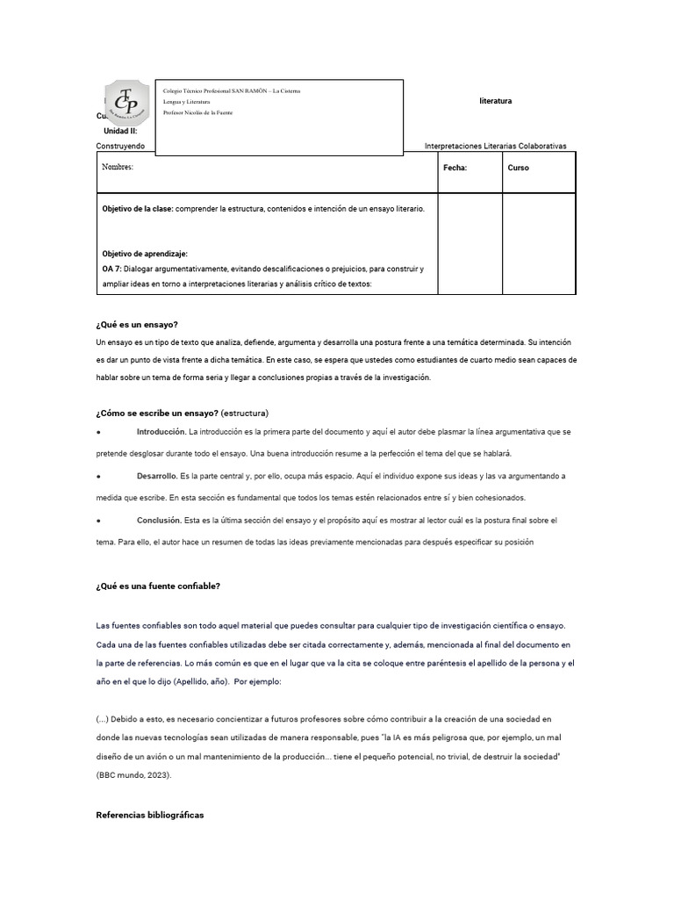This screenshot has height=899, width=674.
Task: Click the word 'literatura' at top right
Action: point(496,101)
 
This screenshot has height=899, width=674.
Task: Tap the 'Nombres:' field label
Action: point(118,167)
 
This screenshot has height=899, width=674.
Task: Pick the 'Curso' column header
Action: point(518,168)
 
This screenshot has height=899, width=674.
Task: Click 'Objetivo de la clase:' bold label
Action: point(138,209)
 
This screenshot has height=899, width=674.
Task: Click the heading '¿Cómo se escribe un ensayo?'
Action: point(157,413)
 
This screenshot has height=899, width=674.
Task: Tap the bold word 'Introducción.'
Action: point(161,432)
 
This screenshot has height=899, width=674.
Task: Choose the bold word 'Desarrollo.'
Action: point(157,476)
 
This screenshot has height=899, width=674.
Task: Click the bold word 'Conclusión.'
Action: point(159,521)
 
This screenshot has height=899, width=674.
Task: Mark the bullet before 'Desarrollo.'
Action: point(98,476)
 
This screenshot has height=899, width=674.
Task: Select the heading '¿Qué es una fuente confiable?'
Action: point(158,586)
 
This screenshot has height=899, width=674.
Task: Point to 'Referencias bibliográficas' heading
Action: point(149,815)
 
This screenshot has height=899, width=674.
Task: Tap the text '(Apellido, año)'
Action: point(202,680)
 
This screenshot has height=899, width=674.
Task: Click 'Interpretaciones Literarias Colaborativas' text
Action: point(495,146)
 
